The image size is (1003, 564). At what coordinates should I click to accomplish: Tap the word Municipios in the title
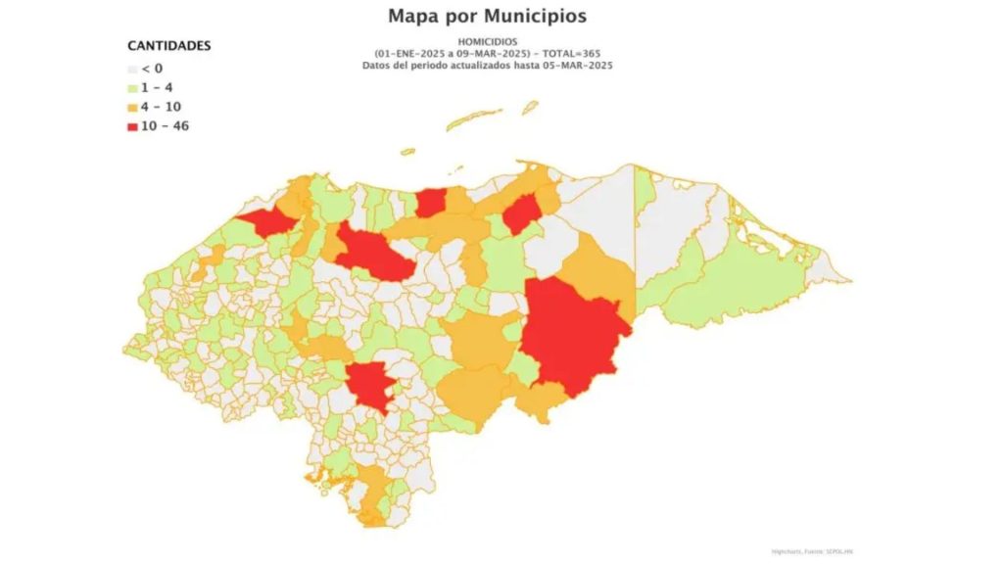[x=540, y=16]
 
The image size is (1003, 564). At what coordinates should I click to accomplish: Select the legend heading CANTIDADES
[x=169, y=46]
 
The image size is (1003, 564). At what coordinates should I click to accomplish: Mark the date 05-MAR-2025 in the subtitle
[x=583, y=64]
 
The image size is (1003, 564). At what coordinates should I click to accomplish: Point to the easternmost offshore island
[x=530, y=106]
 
